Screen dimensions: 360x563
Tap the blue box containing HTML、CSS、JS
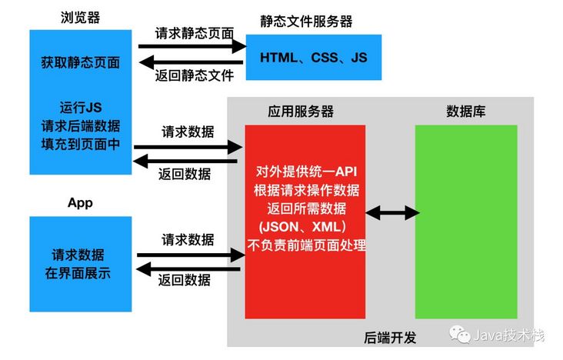click(x=313, y=57)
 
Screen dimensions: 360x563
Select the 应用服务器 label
click(x=301, y=112)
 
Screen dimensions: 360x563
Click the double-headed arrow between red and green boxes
click(x=392, y=212)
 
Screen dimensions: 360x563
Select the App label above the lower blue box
click(x=80, y=203)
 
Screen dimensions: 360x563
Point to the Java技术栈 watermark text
click(x=510, y=336)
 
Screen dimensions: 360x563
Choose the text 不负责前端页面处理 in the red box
click(x=306, y=246)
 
